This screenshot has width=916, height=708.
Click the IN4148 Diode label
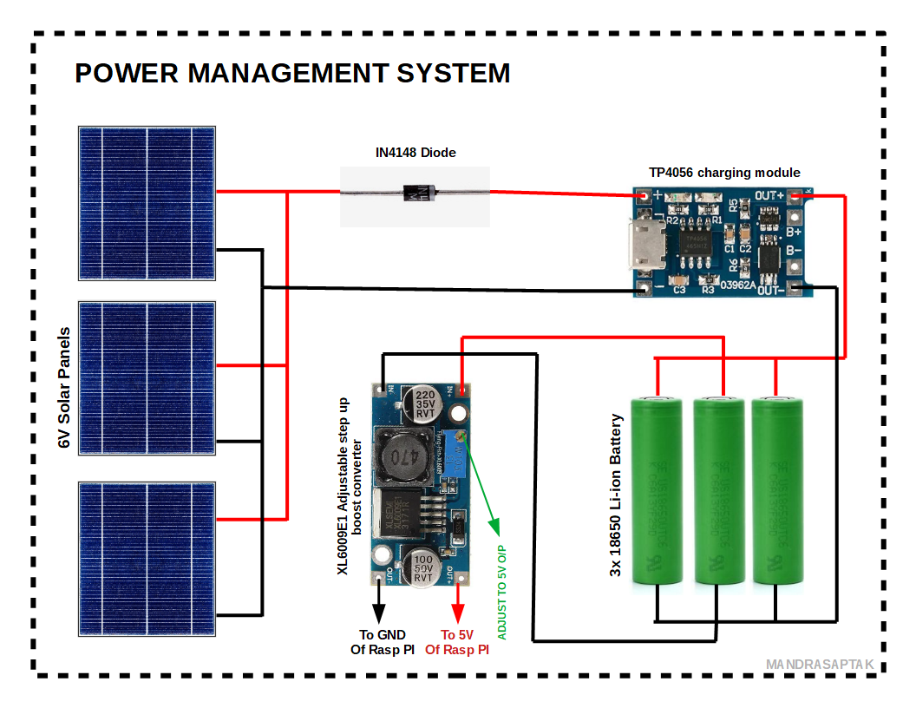(x=415, y=153)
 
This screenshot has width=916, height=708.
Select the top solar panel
(x=147, y=204)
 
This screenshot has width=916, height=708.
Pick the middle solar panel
(x=147, y=377)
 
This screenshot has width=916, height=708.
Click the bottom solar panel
(x=147, y=557)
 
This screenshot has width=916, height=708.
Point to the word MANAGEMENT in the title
(x=288, y=74)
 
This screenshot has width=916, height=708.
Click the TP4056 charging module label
(x=724, y=173)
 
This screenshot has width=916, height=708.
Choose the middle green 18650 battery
(x=718, y=490)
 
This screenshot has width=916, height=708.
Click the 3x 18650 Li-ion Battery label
(x=617, y=495)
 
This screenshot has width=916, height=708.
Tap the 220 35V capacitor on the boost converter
(x=425, y=404)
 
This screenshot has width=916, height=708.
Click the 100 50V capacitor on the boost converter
(x=423, y=567)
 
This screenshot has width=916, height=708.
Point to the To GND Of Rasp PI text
(x=383, y=642)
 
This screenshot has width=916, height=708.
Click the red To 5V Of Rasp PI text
(x=458, y=642)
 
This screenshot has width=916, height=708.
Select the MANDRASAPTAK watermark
(x=813, y=665)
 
